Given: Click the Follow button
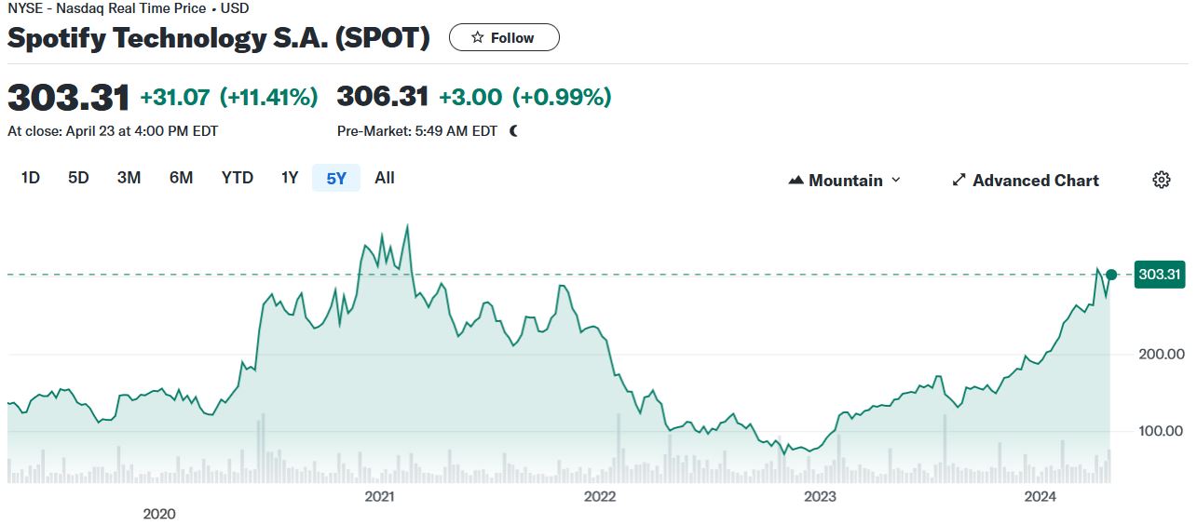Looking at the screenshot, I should pyautogui.click(x=504, y=37).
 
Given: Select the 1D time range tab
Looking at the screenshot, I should pyautogui.click(x=31, y=178).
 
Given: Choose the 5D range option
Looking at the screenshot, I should pyautogui.click(x=78, y=178).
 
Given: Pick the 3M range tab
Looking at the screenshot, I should pyautogui.click(x=129, y=178).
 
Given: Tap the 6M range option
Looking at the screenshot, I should pyautogui.click(x=181, y=178).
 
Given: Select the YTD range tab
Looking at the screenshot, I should pyautogui.click(x=237, y=178).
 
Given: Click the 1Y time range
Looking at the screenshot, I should pyautogui.click(x=290, y=178).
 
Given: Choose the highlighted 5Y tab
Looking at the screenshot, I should pyautogui.click(x=336, y=178).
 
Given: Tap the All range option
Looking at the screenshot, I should pyautogui.click(x=385, y=178).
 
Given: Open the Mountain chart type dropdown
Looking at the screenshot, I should pyautogui.click(x=845, y=181).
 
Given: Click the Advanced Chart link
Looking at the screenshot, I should pyautogui.click(x=1026, y=181).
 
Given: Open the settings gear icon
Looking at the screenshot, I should pyautogui.click(x=1161, y=181).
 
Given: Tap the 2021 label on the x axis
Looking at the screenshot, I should pyautogui.click(x=380, y=496).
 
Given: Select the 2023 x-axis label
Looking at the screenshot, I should pyautogui.click(x=820, y=496).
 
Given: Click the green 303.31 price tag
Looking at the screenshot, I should pyautogui.click(x=1159, y=275).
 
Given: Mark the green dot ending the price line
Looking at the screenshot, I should pyautogui.click(x=1110, y=275).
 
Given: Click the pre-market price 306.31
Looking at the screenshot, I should pyautogui.click(x=383, y=97).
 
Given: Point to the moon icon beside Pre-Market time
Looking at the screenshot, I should pyautogui.click(x=513, y=131).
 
